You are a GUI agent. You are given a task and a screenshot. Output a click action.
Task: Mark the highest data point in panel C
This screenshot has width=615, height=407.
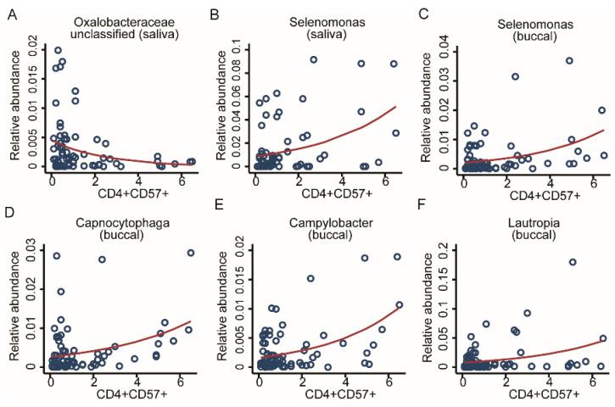(x=570, y=61)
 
